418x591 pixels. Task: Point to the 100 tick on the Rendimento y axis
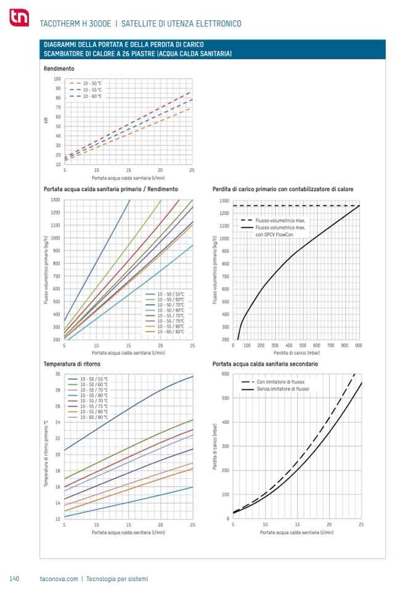coord(57,79)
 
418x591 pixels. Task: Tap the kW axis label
coord(46,121)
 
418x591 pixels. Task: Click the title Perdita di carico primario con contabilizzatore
coord(282,189)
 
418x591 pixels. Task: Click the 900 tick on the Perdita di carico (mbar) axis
coord(358,346)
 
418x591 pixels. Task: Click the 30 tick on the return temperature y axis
coord(57,374)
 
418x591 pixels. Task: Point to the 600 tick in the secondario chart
coord(225,374)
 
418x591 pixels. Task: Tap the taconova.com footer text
coord(59,579)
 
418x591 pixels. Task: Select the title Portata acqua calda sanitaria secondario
coord(265,364)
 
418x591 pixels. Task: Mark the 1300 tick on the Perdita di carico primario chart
coord(224,201)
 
